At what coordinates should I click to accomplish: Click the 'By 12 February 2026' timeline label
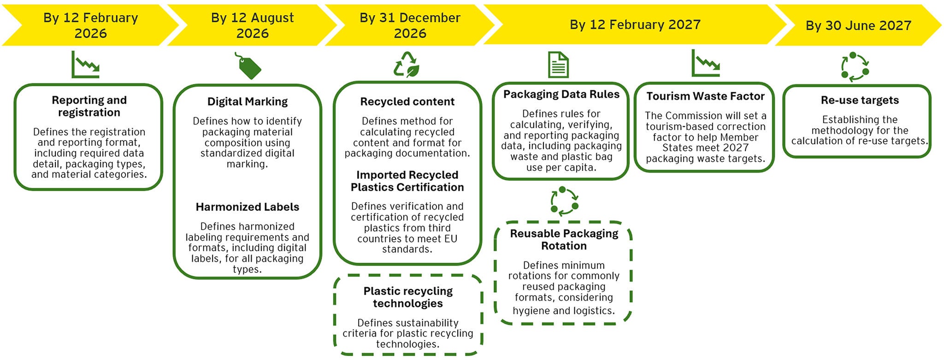[90, 25]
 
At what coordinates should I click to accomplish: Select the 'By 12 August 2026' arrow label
[252, 25]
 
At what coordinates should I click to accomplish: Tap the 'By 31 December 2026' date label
[410, 25]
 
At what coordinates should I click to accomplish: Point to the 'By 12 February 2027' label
[635, 24]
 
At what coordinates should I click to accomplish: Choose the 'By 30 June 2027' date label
[858, 25]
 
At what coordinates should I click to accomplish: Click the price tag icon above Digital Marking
[249, 66]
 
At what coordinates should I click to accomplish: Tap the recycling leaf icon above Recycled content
[406, 64]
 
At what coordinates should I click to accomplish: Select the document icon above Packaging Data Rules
[558, 65]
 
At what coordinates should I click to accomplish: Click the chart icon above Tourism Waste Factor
[705, 64]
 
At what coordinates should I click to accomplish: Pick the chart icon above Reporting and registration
[85, 65]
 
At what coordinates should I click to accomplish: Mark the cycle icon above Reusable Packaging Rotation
[564, 201]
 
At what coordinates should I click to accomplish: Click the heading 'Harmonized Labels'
[247, 207]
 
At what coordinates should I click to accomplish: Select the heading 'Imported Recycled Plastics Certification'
[407, 181]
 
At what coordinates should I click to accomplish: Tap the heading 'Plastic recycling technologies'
[408, 297]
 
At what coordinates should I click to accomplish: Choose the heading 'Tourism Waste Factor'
[705, 96]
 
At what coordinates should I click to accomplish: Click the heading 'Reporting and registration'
[89, 106]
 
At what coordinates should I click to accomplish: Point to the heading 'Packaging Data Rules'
[561, 94]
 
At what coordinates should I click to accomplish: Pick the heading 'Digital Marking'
[247, 101]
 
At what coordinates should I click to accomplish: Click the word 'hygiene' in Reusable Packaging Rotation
[531, 311]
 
